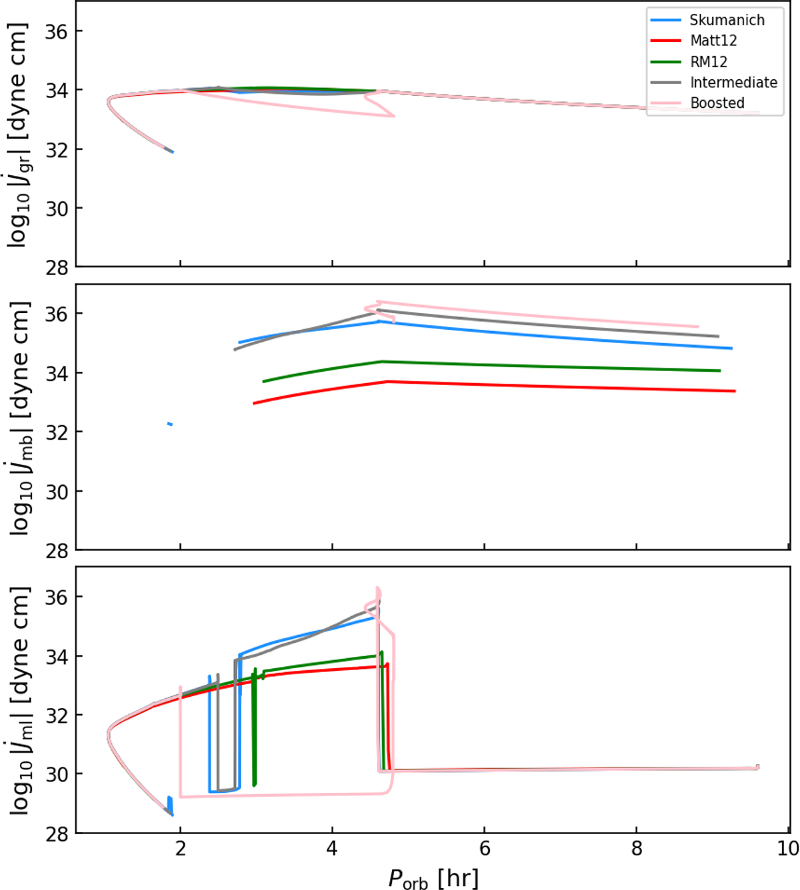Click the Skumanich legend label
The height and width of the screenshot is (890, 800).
727,20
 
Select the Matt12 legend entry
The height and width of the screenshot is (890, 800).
713,41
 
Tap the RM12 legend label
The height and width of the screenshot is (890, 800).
709,62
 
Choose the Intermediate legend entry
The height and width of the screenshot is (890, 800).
733,83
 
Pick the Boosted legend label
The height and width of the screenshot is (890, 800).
717,103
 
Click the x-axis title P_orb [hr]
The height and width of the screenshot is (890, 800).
433,877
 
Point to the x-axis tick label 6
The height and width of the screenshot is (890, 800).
485,849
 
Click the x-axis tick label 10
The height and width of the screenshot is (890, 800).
788,849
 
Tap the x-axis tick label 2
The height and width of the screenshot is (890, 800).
180,849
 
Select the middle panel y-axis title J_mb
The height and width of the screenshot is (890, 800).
20,418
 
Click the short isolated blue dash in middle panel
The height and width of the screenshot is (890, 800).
170,424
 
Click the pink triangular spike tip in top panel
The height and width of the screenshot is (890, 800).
394,116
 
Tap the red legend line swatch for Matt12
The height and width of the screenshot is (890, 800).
666,41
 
